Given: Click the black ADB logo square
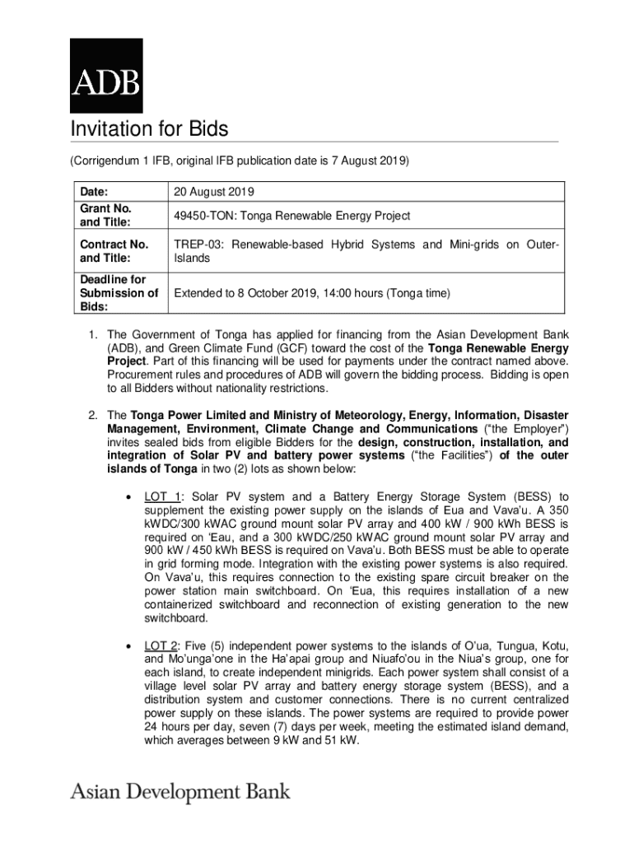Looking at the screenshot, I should (x=106, y=75).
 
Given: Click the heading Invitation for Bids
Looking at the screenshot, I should (x=148, y=129).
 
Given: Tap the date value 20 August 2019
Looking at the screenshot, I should (x=213, y=192).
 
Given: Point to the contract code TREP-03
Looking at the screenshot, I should (x=196, y=245).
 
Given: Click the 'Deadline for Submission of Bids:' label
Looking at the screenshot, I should (x=119, y=293).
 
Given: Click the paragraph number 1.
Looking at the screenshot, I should (x=93, y=335).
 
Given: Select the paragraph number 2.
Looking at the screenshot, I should (x=93, y=415).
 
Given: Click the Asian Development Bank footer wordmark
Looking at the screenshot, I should (x=180, y=792).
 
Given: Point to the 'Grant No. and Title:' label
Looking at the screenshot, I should (x=106, y=216).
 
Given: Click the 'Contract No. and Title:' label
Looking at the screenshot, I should (x=114, y=251).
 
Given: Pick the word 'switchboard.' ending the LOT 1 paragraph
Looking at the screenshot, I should (x=175, y=618).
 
